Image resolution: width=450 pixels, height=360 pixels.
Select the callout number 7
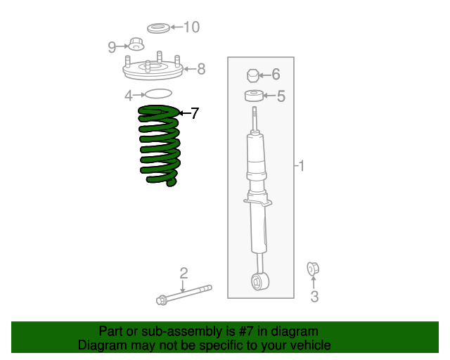(x=195, y=113)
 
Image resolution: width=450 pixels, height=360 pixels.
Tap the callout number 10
(x=191, y=27)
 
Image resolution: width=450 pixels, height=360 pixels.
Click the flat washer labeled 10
(x=157, y=28)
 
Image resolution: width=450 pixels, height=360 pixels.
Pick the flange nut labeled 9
(x=136, y=45)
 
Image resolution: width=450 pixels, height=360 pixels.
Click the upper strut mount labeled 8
(x=153, y=69)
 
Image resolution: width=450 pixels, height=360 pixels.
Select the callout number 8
(x=201, y=69)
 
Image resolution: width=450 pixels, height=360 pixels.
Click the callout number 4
(x=129, y=95)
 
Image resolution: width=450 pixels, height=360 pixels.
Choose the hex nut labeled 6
(x=253, y=75)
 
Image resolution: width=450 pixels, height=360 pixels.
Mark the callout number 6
(x=276, y=75)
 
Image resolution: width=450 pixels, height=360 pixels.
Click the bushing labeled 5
(x=254, y=96)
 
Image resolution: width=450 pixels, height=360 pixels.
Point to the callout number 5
(x=281, y=96)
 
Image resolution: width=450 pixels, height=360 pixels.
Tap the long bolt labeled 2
(x=184, y=294)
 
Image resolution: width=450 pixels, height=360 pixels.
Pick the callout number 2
(x=184, y=273)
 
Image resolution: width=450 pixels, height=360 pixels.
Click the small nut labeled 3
(x=313, y=269)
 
